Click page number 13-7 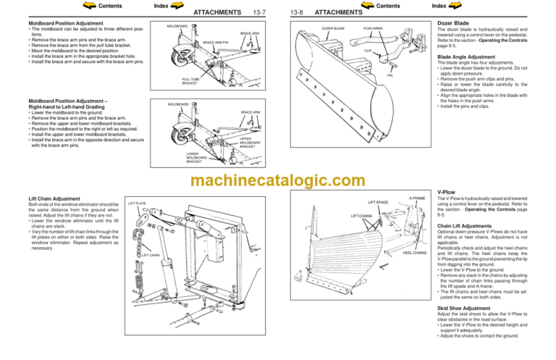[x=260, y=12]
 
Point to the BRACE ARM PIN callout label [x=216, y=43]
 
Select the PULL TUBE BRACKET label [x=190, y=82]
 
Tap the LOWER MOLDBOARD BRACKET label [x=193, y=157]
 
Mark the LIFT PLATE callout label [x=137, y=204]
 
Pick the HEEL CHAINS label [x=414, y=253]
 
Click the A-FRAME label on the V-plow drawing [x=417, y=198]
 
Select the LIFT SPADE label [x=378, y=203]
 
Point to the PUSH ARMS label [x=374, y=29]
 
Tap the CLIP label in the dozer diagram [x=368, y=51]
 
